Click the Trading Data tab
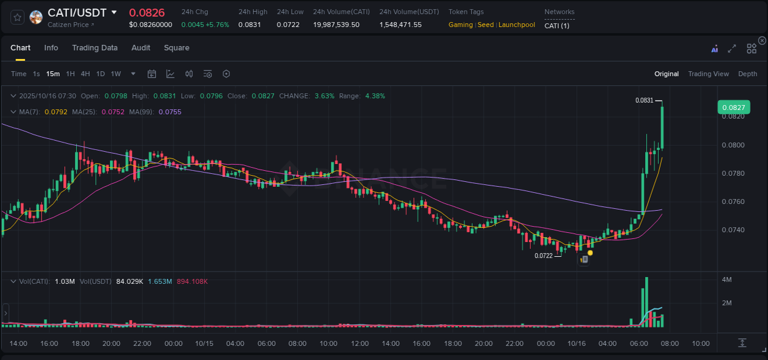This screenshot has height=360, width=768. (95, 48)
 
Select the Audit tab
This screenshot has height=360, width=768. (141, 48)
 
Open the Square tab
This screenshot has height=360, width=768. (176, 48)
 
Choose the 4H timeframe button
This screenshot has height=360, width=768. (85, 74)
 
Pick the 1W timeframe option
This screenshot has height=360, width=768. (116, 74)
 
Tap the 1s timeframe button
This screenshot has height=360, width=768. (36, 74)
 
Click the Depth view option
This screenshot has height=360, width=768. (747, 74)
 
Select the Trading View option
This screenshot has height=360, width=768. (708, 74)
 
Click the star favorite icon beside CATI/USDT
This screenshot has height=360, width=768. (18, 17)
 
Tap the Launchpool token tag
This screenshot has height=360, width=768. (516, 25)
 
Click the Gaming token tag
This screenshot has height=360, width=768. (461, 25)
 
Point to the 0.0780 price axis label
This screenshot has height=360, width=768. (733, 173)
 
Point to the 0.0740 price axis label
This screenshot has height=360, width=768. (733, 230)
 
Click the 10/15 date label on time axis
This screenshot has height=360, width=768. (204, 343)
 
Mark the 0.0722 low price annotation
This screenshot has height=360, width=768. (544, 256)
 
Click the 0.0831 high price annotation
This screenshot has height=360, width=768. (645, 100)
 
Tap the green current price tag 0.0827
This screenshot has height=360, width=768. (734, 108)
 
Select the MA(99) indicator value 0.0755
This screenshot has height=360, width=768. (170, 112)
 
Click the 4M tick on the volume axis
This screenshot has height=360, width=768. (727, 280)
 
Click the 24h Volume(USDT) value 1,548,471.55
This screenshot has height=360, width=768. (400, 25)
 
